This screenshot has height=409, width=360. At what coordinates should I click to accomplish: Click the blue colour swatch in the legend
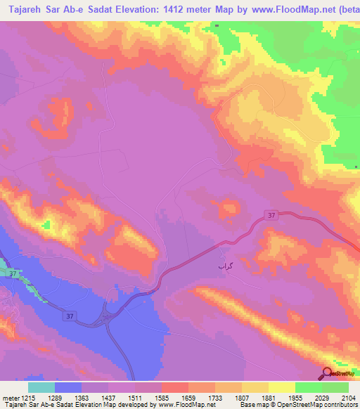(68, 387)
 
